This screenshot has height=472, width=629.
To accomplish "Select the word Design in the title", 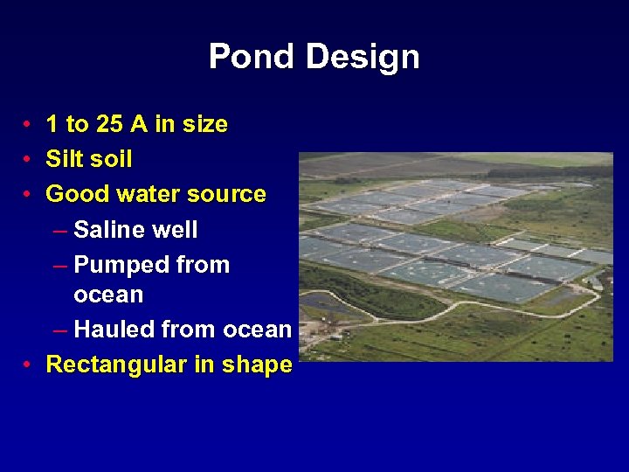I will pyautogui.click(x=362, y=58).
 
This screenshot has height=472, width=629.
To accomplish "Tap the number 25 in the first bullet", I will pyautogui.click(x=109, y=125).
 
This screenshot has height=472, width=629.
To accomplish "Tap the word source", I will pyautogui.click(x=227, y=194).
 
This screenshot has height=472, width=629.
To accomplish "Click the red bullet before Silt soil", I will pyautogui.click(x=29, y=160).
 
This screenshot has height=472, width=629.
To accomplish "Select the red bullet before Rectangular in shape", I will pyautogui.click(x=29, y=365).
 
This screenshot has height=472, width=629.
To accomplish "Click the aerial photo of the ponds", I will pyautogui.click(x=455, y=257).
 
